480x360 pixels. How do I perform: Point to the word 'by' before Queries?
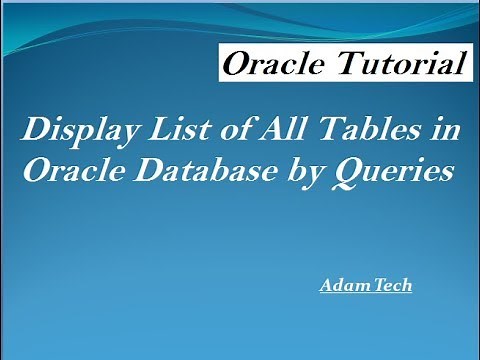(305, 173)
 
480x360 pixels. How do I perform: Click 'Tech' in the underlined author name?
(391, 285)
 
